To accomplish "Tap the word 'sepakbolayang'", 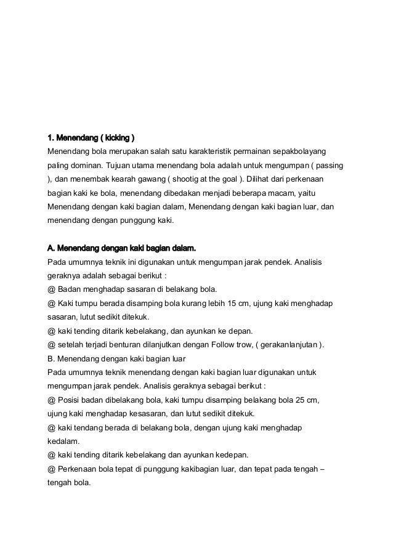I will (301, 151).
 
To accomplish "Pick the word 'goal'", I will (223, 179).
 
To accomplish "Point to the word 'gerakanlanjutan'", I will (288, 345).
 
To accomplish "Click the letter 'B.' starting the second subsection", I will (52, 358).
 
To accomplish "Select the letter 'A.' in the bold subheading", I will (52, 248).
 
